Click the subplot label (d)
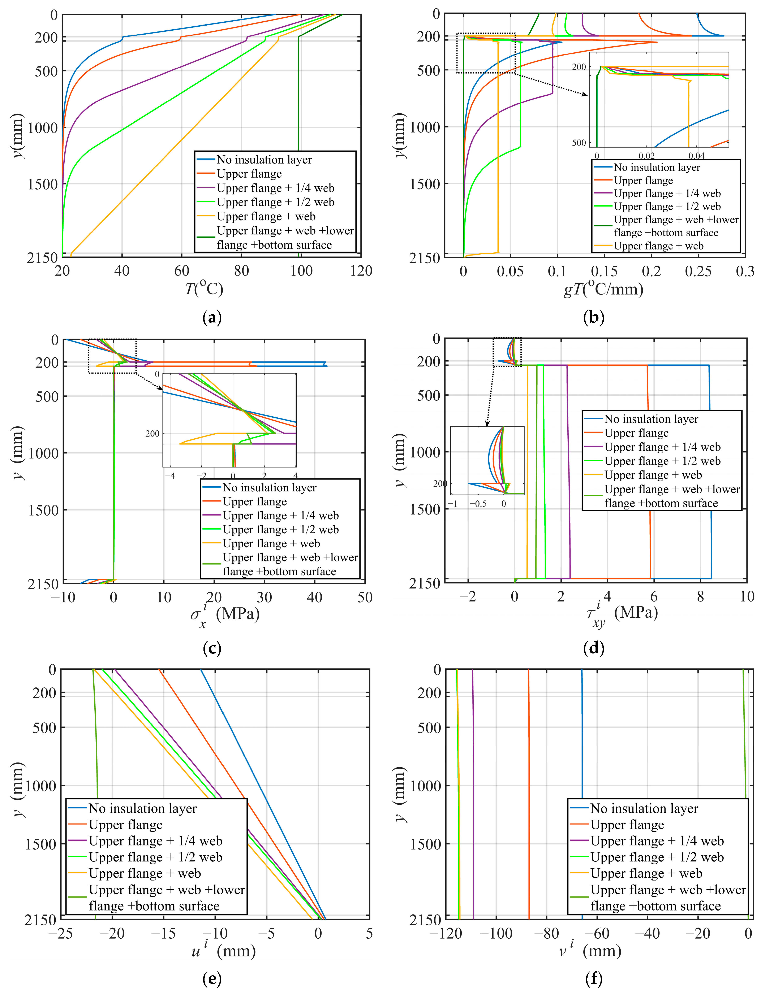tap(594, 648)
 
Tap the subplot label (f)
tap(594, 978)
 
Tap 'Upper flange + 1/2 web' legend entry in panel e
tap(155, 857)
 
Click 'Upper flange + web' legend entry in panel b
tap(658, 246)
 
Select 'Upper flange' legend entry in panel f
tap(627, 825)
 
